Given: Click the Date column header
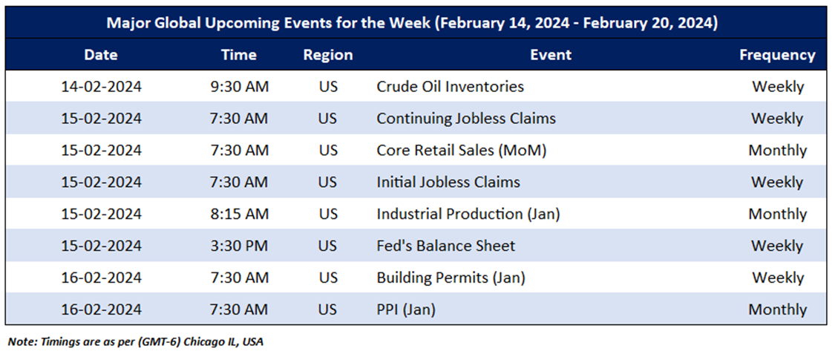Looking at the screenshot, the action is click(101, 55).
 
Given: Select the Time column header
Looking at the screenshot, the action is click(238, 55).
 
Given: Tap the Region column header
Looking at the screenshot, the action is click(328, 55).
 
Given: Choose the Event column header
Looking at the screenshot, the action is click(551, 55).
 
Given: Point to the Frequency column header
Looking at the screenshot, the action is click(778, 55).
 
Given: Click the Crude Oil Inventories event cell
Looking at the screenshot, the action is click(450, 86).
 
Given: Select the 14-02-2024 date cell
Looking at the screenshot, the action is click(101, 86).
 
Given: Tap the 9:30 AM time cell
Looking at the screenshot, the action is click(238, 86).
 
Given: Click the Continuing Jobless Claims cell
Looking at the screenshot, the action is click(466, 118).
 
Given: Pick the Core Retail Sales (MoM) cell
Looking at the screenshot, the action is click(462, 150).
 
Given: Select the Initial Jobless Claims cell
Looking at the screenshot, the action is click(448, 182).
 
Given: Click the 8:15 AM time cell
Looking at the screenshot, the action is click(238, 214).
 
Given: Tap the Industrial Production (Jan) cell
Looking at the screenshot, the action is click(468, 214).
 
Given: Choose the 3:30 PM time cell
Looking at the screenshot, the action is click(238, 246).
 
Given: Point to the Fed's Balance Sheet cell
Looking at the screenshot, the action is click(446, 246).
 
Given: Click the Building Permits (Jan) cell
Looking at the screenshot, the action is click(451, 278).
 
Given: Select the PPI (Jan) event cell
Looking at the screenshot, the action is click(406, 310).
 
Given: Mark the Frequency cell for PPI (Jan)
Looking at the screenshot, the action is click(778, 310).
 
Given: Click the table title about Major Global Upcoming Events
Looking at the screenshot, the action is click(412, 24).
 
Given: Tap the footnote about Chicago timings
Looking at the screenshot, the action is click(135, 342).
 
